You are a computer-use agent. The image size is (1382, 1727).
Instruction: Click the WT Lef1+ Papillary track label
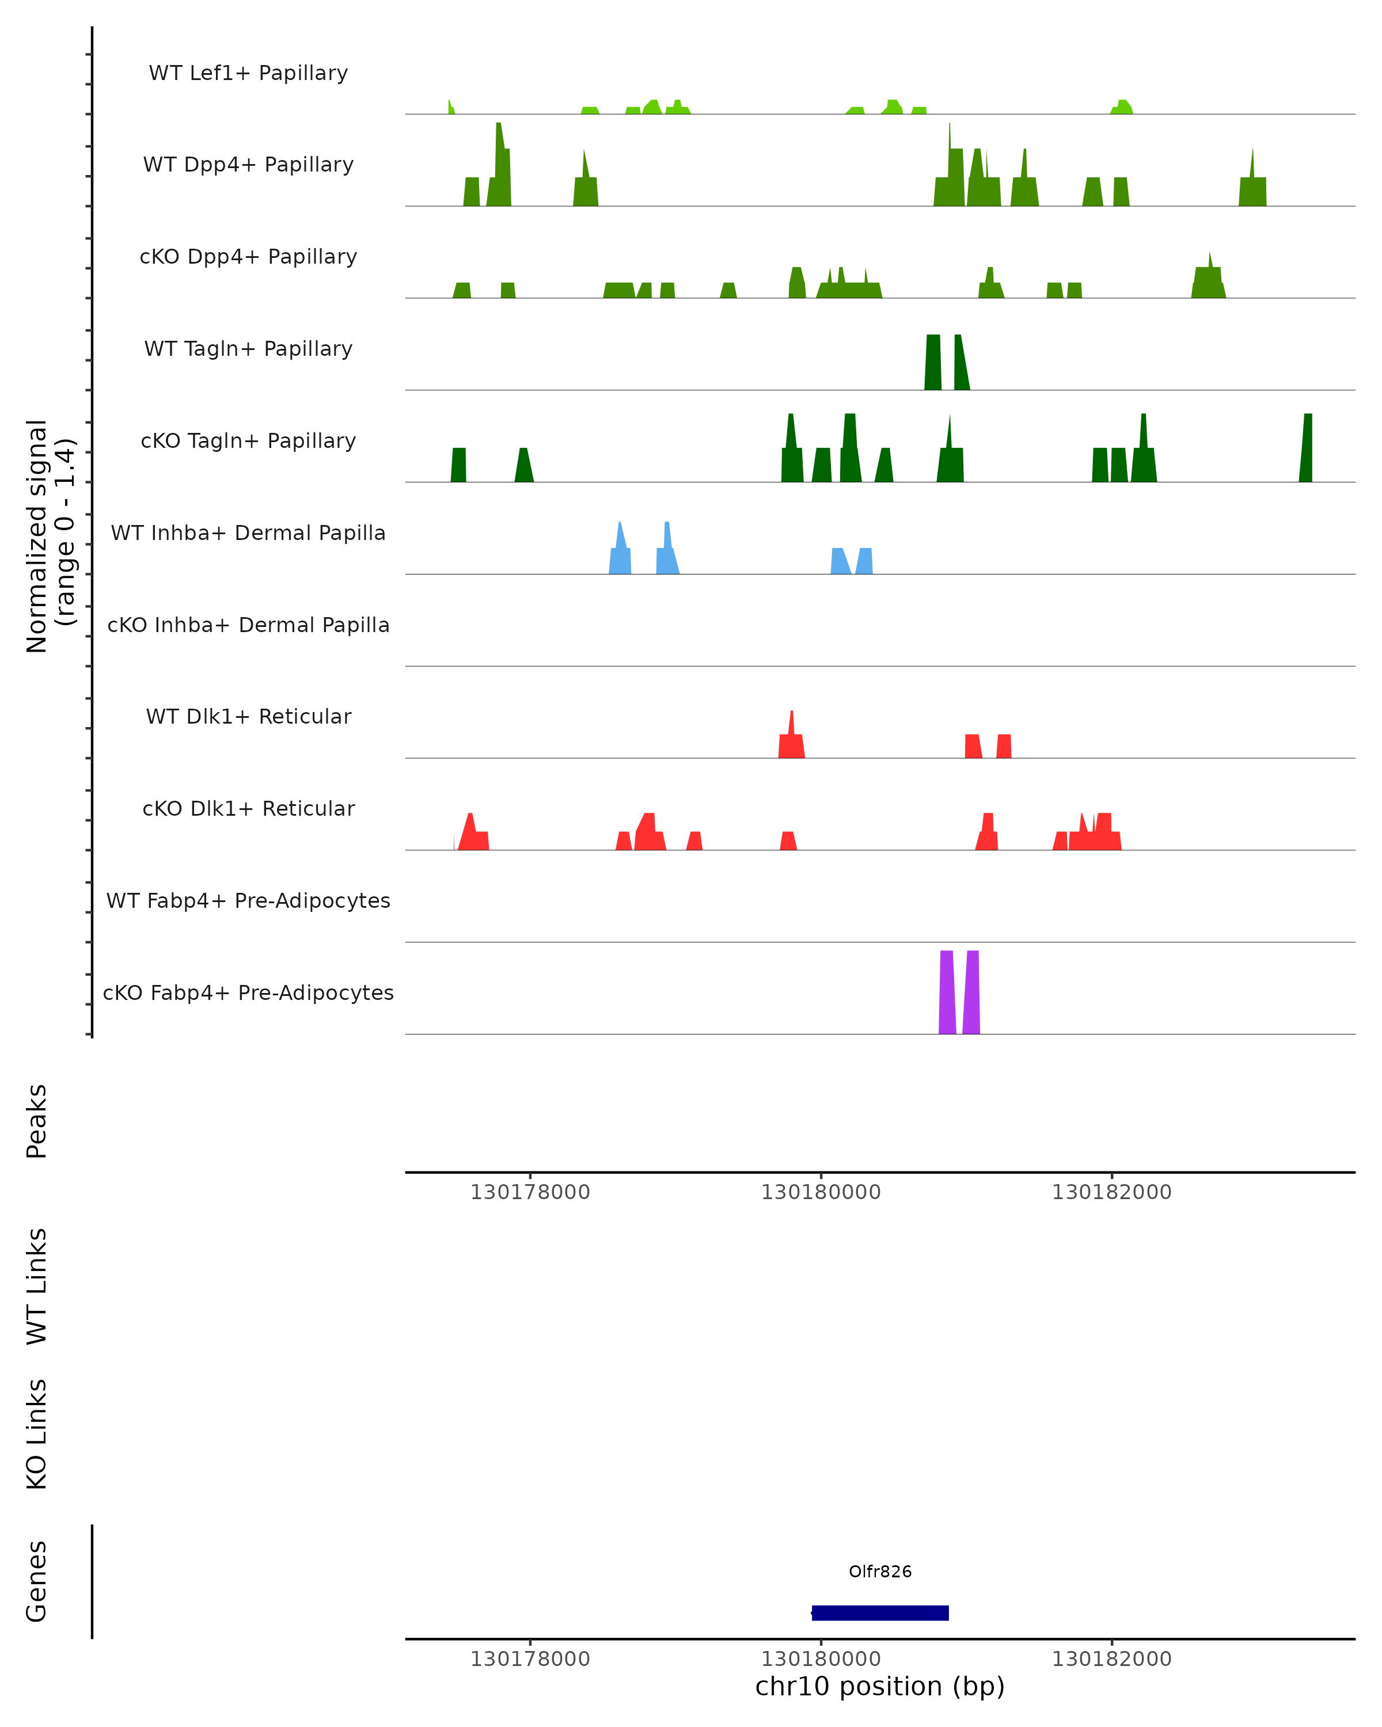(x=248, y=73)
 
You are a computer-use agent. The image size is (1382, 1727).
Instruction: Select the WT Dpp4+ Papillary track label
(x=248, y=165)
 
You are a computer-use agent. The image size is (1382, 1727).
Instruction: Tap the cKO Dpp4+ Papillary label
(x=248, y=257)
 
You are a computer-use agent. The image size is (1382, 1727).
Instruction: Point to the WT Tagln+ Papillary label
(x=248, y=349)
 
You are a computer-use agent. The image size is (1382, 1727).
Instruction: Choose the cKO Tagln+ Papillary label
(x=248, y=442)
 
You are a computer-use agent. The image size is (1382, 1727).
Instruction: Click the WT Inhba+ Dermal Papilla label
(x=248, y=534)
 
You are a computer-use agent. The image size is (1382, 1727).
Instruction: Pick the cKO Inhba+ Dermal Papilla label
(x=248, y=626)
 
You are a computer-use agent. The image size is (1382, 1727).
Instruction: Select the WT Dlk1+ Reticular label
(x=248, y=717)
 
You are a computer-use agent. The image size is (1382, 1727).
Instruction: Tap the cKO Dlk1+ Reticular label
(x=248, y=809)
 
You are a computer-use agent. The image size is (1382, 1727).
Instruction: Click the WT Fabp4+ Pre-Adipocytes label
(x=248, y=901)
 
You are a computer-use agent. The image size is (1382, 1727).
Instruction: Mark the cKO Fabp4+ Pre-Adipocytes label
(x=248, y=993)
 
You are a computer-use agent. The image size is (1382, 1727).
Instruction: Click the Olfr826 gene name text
(x=880, y=1572)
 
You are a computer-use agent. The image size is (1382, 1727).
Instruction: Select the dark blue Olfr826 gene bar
(x=880, y=1612)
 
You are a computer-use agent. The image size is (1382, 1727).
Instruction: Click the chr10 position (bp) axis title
(x=880, y=1686)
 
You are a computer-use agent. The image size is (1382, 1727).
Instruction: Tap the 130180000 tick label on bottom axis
(x=821, y=1659)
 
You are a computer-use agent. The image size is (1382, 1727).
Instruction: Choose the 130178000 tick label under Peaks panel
(x=530, y=1192)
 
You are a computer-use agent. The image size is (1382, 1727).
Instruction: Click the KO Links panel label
(x=37, y=1435)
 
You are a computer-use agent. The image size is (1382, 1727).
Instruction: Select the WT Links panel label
(x=37, y=1287)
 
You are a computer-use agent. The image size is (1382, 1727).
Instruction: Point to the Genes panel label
(x=37, y=1581)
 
